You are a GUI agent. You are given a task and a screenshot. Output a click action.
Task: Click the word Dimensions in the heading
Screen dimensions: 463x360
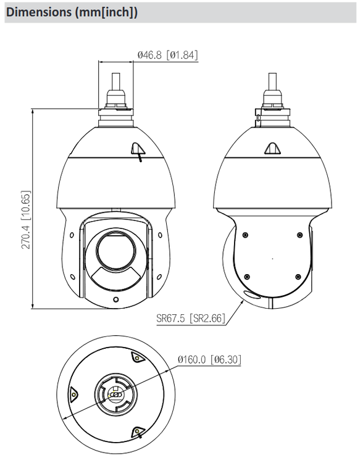37,12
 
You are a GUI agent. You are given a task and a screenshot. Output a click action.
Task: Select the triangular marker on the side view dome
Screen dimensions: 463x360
271,148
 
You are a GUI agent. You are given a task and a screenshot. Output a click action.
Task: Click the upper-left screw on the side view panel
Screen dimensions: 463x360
245,235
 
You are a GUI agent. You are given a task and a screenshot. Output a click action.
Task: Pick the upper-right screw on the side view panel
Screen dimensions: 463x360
299,235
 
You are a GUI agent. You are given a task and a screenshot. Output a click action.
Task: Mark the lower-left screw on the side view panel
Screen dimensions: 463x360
246,277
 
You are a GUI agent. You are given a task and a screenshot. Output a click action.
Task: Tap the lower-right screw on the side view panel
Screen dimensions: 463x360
299,277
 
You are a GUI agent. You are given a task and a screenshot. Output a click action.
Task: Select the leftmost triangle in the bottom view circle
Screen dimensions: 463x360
73,393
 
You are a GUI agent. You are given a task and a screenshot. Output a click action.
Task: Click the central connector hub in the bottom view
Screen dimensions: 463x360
115,394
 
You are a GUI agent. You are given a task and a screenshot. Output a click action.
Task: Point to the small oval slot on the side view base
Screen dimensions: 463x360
249,295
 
